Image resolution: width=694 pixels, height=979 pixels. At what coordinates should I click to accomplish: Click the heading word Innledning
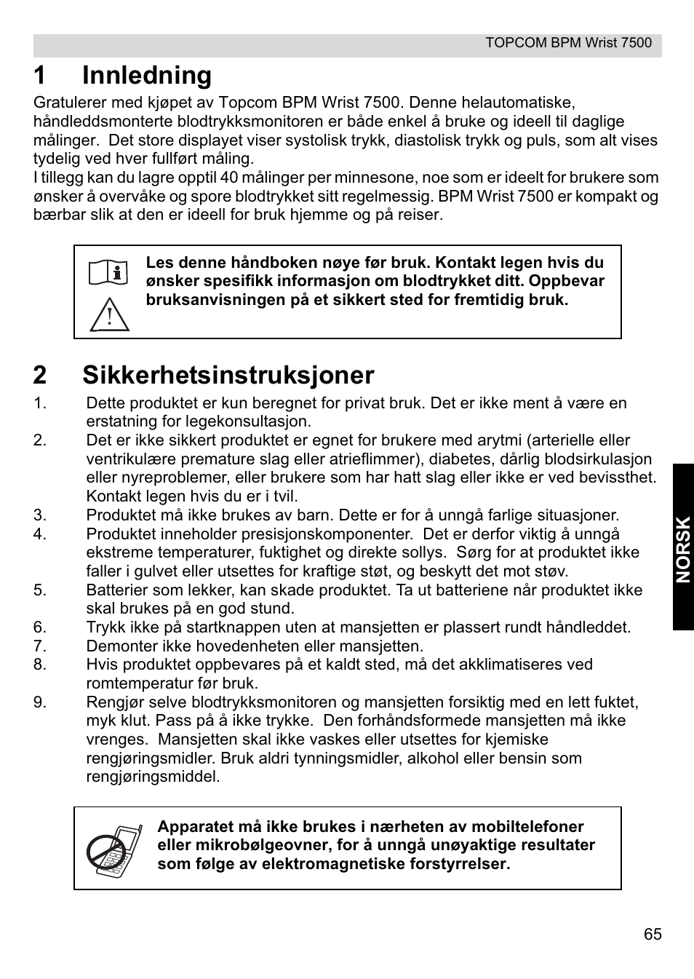[x=147, y=76]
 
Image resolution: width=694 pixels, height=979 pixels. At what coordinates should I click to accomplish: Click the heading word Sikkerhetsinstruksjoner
[x=228, y=375]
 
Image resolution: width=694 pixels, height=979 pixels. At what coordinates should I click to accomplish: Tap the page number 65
[x=653, y=935]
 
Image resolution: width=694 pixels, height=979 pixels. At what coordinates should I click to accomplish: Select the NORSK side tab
[x=683, y=548]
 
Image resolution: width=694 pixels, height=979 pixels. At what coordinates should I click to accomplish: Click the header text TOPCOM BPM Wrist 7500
[x=568, y=43]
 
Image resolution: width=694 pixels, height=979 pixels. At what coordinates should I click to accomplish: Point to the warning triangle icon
[x=109, y=315]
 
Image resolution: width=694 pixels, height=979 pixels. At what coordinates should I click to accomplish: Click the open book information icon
[x=109, y=273]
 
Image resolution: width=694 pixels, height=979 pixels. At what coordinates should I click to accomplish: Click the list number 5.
[x=39, y=590]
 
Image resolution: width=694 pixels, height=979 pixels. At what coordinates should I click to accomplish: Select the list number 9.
[x=39, y=702]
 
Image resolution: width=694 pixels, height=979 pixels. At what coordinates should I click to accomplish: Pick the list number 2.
[x=39, y=440]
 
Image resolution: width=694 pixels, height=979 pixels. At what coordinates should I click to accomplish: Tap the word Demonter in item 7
[x=119, y=646]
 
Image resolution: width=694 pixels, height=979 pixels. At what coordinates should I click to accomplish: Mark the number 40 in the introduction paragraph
[x=229, y=178]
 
